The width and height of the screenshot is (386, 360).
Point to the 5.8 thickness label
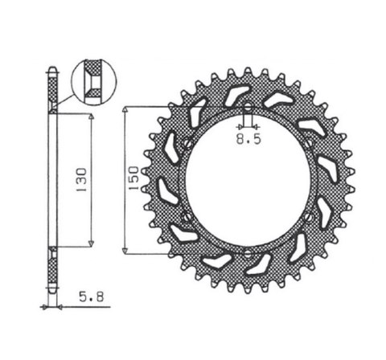[x=90, y=297]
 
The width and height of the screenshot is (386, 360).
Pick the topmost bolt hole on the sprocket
[x=248, y=110]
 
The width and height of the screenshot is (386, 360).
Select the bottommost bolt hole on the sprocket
[x=248, y=256]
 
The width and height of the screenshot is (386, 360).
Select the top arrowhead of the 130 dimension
[x=92, y=117]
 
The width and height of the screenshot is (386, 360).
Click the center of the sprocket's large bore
[x=248, y=182]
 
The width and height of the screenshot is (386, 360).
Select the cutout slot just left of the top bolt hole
[x=234, y=97]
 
